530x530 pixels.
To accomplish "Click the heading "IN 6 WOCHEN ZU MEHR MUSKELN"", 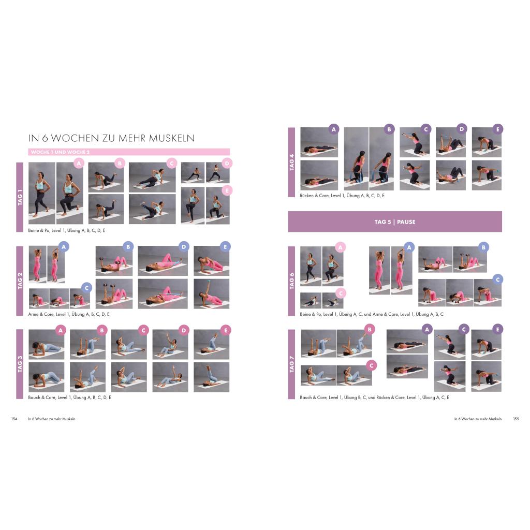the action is [x=111, y=138].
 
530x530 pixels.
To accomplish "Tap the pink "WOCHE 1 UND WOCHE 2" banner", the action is [x=129, y=152].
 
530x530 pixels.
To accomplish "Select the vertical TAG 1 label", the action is [x=20, y=197].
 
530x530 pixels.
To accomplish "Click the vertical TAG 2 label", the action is [x=20, y=281].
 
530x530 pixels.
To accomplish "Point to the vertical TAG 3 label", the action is [x=20, y=364].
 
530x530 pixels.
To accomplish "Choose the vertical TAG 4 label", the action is [x=291, y=162].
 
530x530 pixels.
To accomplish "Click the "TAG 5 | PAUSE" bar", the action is [x=395, y=222].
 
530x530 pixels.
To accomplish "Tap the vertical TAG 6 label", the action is [x=291, y=281].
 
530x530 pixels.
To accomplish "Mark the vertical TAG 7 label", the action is [x=291, y=364].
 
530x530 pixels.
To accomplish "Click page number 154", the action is [x=14, y=419].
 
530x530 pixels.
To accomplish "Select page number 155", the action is [x=516, y=419].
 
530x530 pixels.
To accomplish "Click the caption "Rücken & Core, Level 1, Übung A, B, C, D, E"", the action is [x=342, y=195].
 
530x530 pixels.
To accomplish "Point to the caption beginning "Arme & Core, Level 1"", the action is [x=69, y=314].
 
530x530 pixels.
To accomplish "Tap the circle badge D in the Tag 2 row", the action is [x=184, y=247].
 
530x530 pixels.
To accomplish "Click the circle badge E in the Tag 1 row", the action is [x=227, y=190].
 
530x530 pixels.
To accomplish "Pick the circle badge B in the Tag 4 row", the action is [x=389, y=129].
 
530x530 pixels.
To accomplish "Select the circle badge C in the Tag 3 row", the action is [x=143, y=330].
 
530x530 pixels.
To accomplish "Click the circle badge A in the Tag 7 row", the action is [x=427, y=329].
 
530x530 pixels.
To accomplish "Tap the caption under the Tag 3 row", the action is [x=70, y=397].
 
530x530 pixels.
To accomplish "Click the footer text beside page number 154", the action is [x=52, y=419].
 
